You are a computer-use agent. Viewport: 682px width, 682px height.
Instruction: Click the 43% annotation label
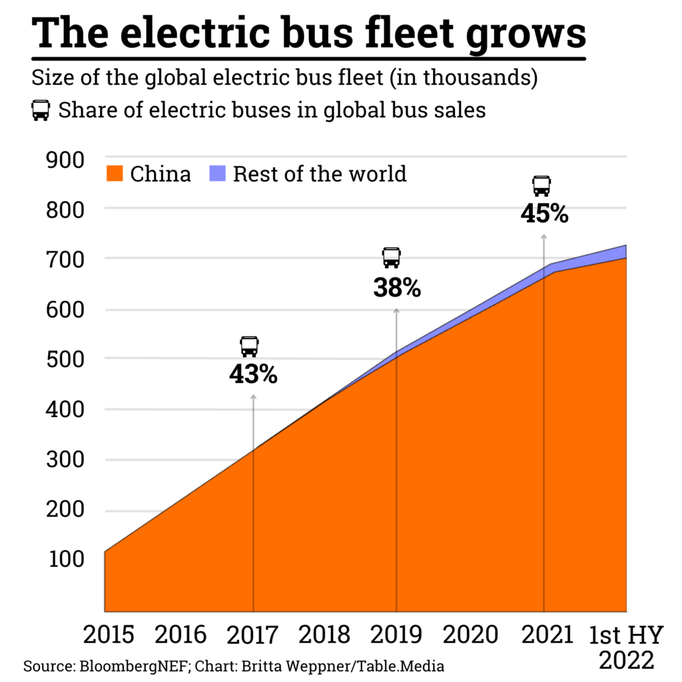point(253,375)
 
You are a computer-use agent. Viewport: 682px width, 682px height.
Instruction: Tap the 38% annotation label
point(396,288)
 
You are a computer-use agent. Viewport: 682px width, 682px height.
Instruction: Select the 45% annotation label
point(544,214)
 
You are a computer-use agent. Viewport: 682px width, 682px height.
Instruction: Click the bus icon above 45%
point(542,186)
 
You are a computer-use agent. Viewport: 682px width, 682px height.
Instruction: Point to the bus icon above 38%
point(392,258)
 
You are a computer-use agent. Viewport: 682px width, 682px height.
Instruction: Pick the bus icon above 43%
point(249,346)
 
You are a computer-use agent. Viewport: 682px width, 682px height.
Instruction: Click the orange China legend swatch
point(115,174)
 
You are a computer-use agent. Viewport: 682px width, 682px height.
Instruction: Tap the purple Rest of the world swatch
point(218,174)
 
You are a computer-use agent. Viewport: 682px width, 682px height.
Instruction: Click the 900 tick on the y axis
point(65,160)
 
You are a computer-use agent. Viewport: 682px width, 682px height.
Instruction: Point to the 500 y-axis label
point(65,359)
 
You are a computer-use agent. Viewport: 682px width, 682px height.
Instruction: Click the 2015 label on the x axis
point(109,635)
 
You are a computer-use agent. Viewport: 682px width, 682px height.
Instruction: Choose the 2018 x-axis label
point(324,635)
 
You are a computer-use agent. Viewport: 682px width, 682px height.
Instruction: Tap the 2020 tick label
point(470,635)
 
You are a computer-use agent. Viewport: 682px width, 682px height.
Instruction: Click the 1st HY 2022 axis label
point(625,646)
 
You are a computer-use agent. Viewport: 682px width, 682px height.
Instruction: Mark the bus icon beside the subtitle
point(41,110)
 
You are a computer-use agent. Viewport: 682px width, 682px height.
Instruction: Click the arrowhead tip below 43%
point(253,396)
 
